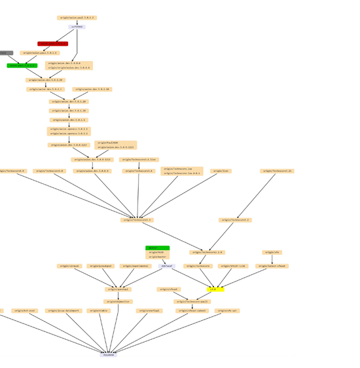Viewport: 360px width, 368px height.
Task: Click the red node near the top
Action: coord(52,44)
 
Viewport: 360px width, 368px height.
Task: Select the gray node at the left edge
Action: coord(6,53)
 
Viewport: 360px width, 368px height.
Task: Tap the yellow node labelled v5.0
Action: coord(215,289)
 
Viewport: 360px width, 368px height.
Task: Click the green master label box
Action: coord(157,248)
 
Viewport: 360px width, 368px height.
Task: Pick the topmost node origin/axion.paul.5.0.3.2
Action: coord(77,18)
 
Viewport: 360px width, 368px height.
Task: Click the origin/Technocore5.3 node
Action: coord(137,220)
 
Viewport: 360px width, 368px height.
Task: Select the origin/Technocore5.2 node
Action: coord(234,220)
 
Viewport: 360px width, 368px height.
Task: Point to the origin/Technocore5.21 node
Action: coord(277,171)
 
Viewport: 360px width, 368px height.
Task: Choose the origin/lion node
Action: coord(221,171)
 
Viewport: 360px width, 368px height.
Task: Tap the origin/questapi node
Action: coord(118,289)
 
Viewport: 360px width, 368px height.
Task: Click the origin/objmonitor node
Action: coord(118,302)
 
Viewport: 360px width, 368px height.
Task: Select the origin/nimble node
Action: coord(99,311)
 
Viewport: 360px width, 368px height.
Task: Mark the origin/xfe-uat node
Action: coord(227,311)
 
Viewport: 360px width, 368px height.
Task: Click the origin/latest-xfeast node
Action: coord(272,266)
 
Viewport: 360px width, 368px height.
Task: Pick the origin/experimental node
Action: coord(135,266)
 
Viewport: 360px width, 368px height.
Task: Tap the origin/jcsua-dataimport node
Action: coord(63,311)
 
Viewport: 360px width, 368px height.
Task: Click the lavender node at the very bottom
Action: coord(109,354)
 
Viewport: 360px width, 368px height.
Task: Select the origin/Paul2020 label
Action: coord(107,142)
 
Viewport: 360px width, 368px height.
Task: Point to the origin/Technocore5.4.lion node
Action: coord(139,159)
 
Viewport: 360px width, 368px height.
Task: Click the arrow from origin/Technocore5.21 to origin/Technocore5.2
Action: coord(255,196)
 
